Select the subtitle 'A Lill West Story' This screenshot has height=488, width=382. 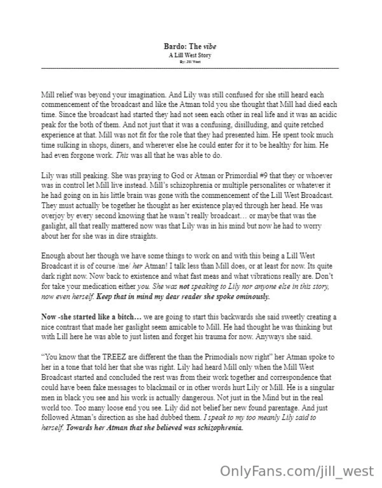(190, 55)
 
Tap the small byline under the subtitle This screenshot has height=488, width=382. (190, 61)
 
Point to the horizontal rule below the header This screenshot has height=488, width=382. (190, 68)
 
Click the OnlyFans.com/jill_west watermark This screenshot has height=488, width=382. (297, 471)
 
